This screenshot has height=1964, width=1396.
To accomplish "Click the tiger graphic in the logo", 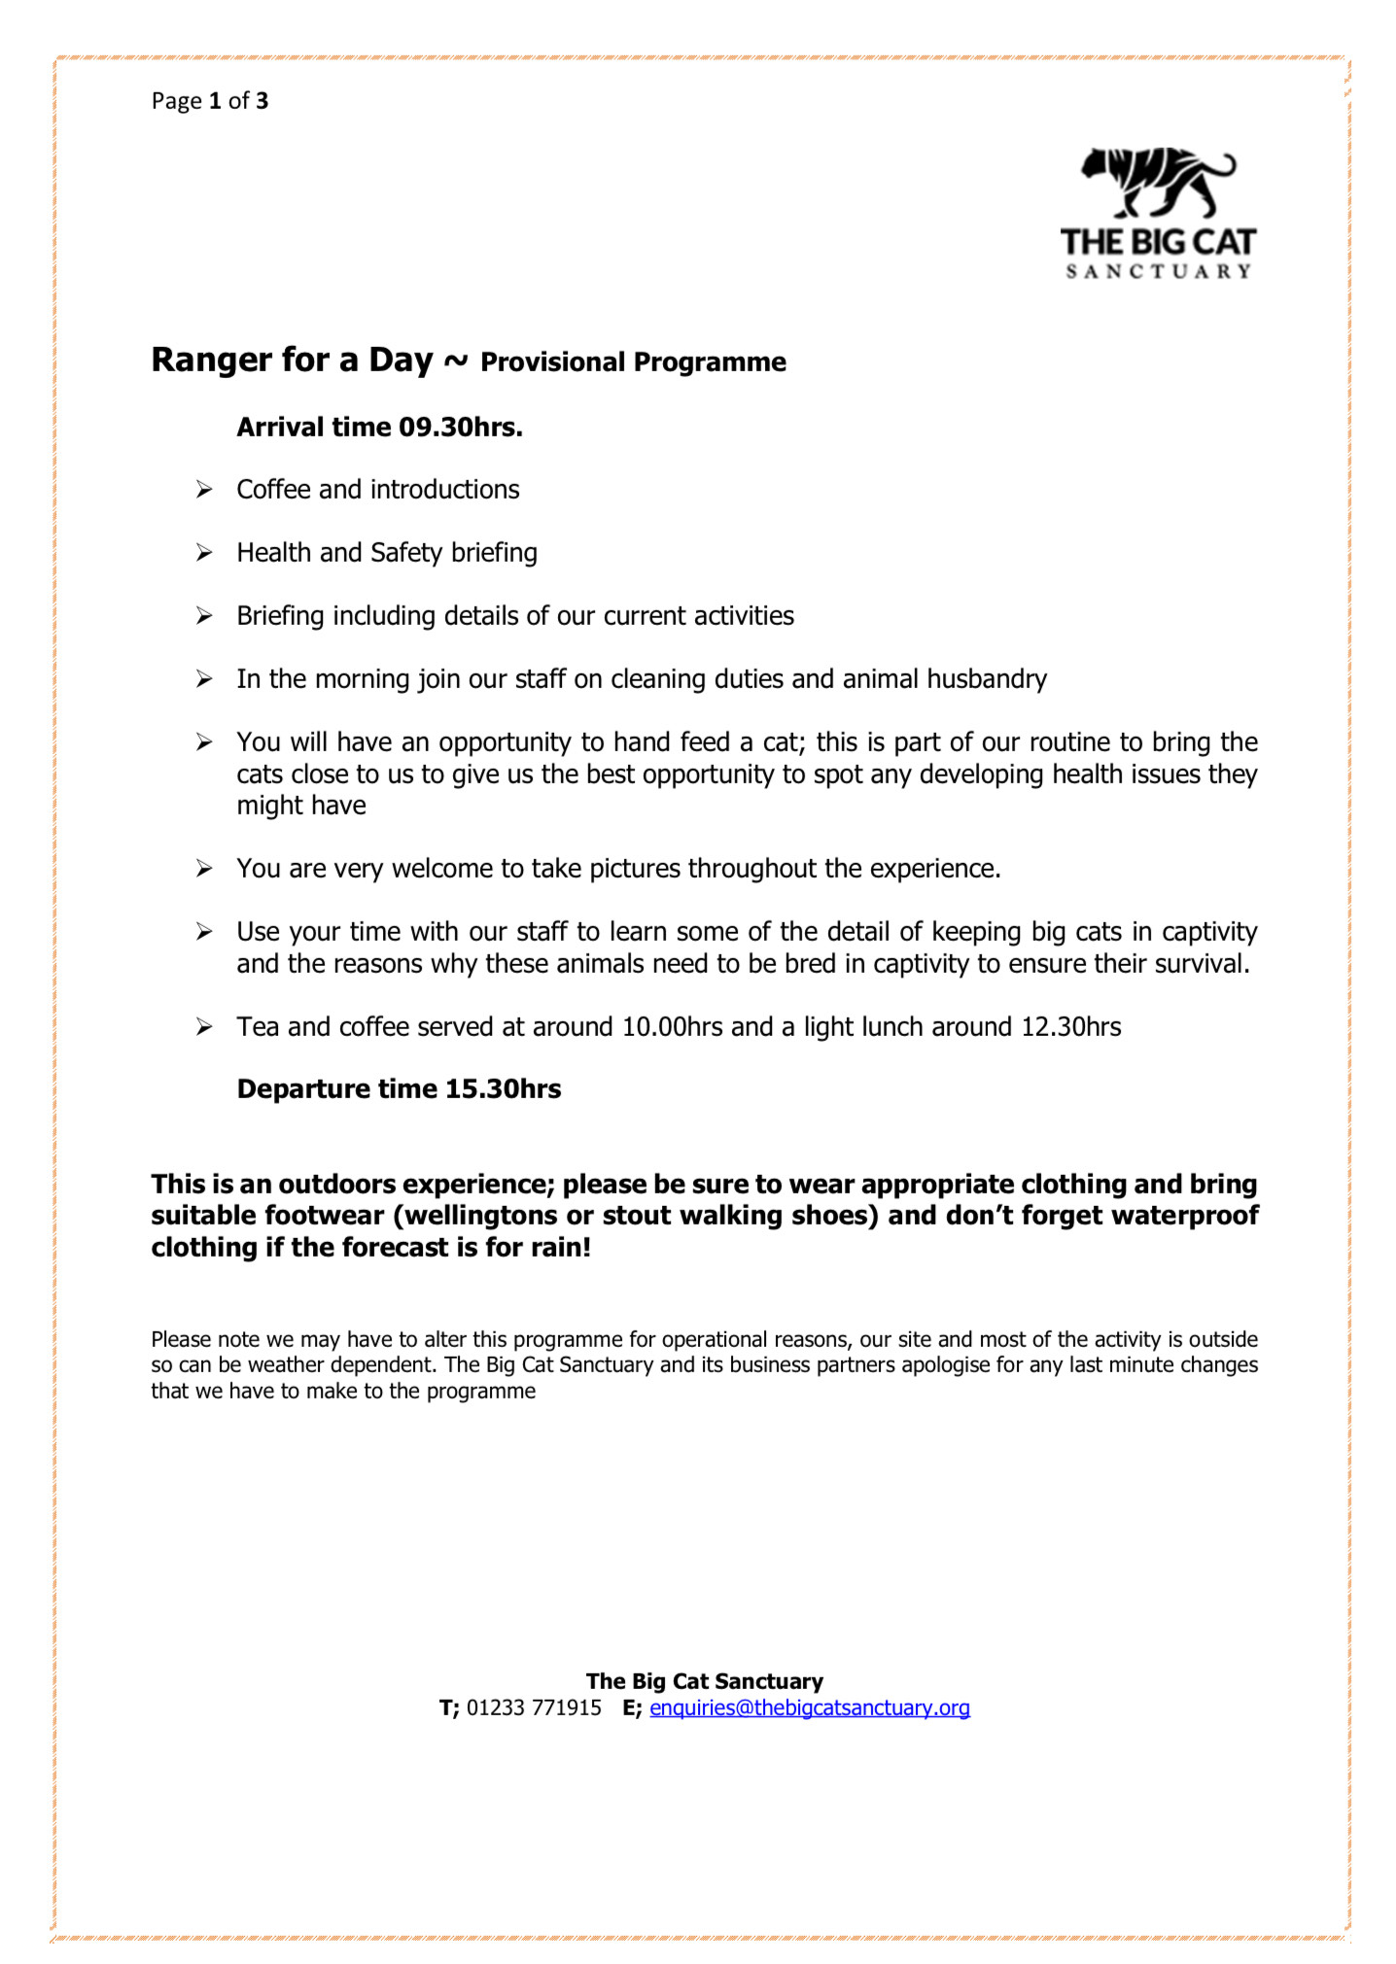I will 1157,184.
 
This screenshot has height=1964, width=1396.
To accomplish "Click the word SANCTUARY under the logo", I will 1158,272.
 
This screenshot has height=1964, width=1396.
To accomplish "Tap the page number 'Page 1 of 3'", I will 210,101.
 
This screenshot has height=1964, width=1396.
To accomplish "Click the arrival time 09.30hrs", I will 461,428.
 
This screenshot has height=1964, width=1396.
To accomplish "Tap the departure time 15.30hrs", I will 503,1089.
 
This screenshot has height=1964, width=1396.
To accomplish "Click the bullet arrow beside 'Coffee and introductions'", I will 204,490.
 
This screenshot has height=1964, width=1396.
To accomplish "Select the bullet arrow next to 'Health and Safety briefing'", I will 204,553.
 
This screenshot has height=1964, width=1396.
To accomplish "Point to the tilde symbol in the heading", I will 456,362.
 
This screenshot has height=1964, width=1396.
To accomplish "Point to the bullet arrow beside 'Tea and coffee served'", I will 204,1027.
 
